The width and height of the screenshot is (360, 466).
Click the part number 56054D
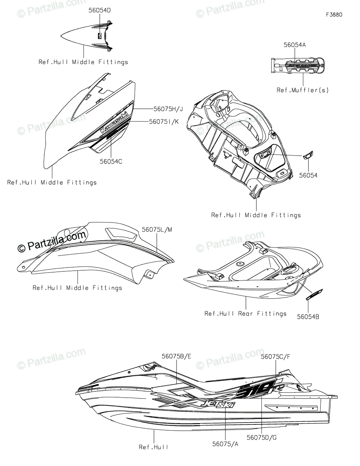pos(100,10)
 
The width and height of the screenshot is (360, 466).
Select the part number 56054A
pos(294,45)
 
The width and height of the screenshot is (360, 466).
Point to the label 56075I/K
pos(164,122)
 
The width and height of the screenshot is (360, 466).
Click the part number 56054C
pos(110,162)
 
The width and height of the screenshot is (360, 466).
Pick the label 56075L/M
pos(157,230)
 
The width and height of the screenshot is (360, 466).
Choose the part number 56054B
pos(308,317)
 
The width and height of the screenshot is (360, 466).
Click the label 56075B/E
pos(177,356)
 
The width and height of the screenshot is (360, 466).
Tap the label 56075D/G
pos(263,438)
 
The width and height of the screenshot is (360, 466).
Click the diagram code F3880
pos(334,15)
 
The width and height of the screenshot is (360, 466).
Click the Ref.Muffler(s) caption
pos(303,90)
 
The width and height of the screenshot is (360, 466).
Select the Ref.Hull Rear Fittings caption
pos(246,313)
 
